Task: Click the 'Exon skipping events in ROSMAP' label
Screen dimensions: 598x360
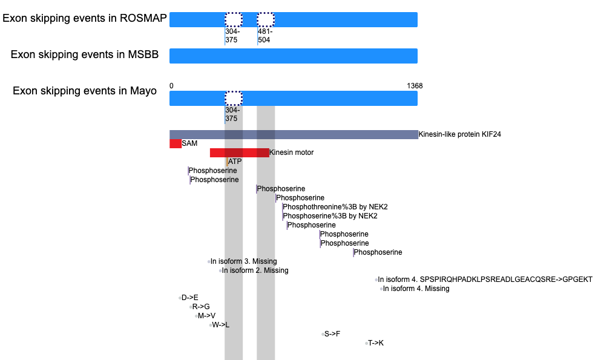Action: click(x=85, y=18)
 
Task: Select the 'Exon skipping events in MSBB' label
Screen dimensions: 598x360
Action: click(x=85, y=54)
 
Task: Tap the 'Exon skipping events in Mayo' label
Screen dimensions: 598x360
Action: click(x=85, y=91)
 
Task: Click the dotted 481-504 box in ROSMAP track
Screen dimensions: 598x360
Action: click(x=266, y=19)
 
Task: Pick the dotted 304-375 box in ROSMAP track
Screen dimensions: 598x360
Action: click(x=234, y=19)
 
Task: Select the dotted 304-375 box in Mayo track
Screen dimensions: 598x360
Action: click(x=234, y=99)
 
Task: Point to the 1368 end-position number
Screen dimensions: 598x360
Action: click(x=415, y=86)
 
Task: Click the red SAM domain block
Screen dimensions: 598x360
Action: click(x=176, y=143)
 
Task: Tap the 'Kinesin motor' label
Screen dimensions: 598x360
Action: click(x=291, y=152)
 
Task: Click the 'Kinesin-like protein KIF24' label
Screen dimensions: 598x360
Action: click(x=459, y=134)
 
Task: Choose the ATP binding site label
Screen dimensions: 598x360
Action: click(x=235, y=162)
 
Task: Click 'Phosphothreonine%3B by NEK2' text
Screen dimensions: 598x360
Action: click(x=335, y=207)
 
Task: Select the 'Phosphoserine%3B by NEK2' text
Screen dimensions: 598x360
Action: click(x=330, y=216)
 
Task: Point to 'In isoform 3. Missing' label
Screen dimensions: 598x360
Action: click(x=244, y=261)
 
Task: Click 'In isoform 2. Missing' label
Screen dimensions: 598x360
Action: click(x=255, y=271)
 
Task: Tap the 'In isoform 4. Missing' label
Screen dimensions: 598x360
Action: click(x=416, y=289)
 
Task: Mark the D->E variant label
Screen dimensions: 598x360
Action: click(x=190, y=298)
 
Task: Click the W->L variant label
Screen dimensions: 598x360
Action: click(x=221, y=326)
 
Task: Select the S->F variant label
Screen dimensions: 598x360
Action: click(x=332, y=334)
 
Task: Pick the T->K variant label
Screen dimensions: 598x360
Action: click(x=376, y=343)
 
